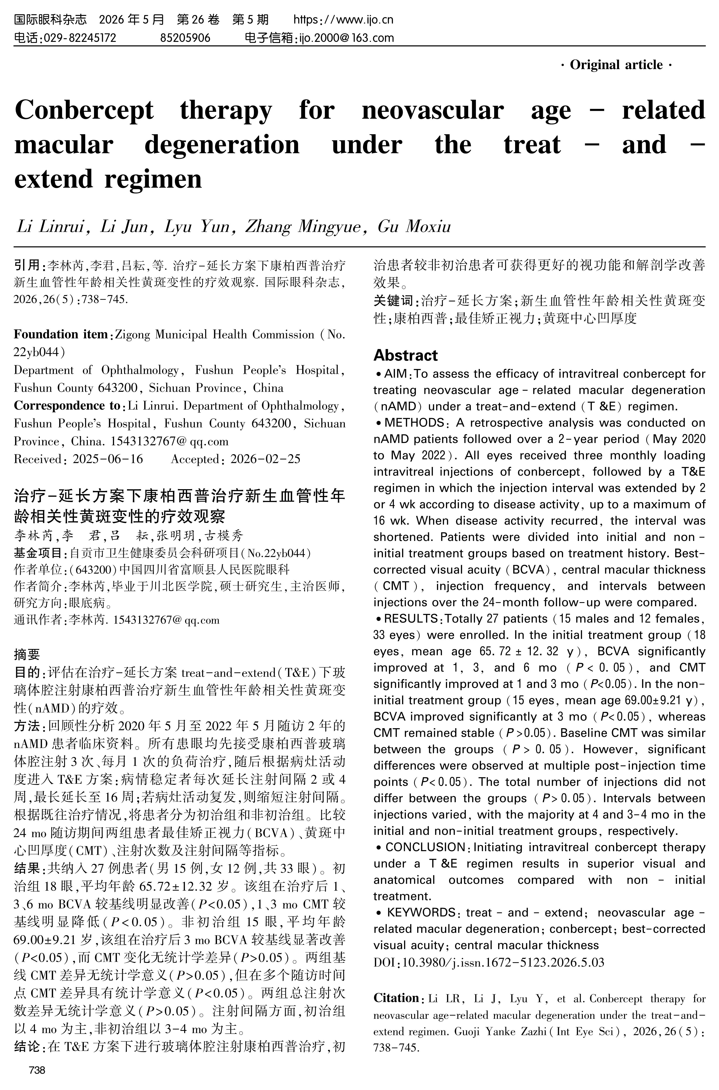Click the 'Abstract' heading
pos(405,355)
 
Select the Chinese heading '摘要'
pos(27,654)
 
